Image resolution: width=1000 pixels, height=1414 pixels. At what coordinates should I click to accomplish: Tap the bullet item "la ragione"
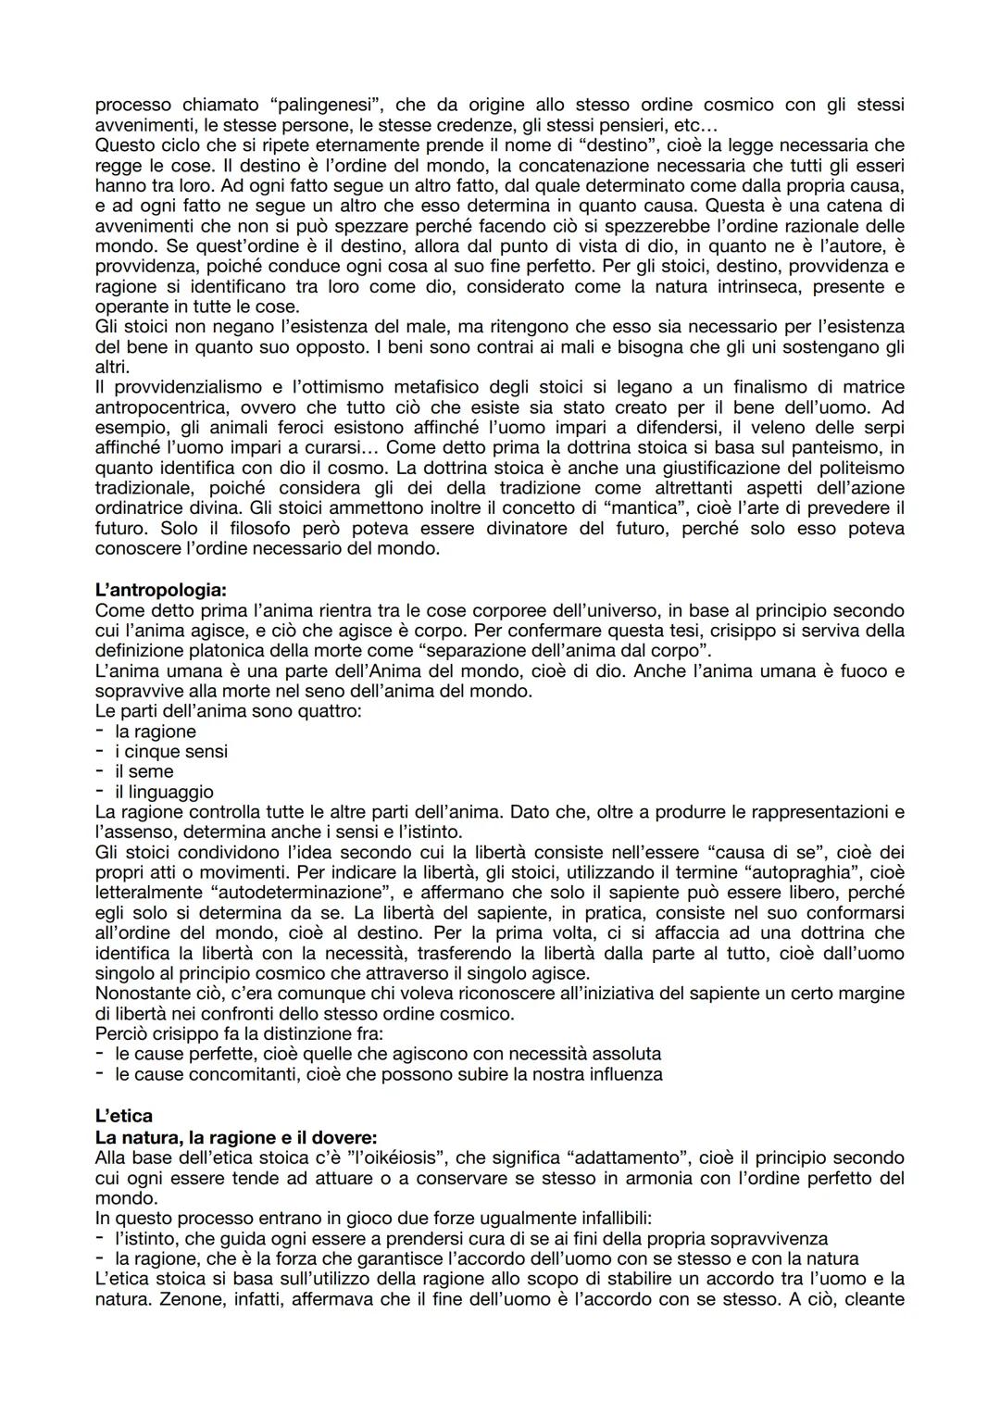(155, 732)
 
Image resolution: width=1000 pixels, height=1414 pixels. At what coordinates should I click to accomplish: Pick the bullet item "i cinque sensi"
(170, 752)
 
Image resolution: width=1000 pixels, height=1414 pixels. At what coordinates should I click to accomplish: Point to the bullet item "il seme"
(144, 771)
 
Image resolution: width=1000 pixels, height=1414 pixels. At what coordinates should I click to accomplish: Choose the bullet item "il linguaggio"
(163, 792)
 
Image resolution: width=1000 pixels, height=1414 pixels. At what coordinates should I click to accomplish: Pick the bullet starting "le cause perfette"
(388, 1054)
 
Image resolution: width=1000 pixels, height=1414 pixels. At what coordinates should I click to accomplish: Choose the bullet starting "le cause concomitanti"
(388, 1074)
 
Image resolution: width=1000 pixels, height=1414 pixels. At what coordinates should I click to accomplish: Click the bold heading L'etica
(124, 1117)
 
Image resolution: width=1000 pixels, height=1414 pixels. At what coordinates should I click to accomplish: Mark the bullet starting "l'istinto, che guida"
(470, 1238)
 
